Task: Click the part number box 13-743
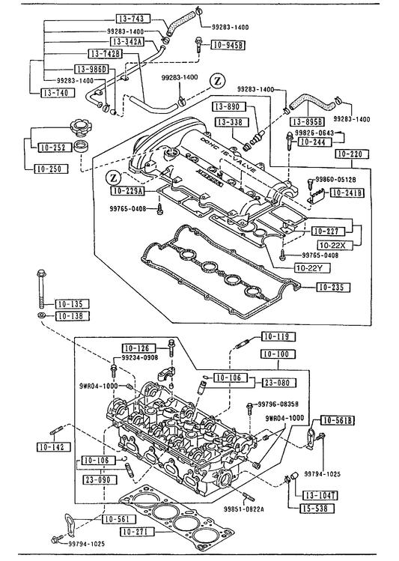[x=133, y=19]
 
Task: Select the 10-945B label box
[x=228, y=46]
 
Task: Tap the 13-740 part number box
[x=57, y=93]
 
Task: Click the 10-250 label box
[x=51, y=169]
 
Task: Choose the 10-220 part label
[x=352, y=154]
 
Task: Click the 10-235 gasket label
[x=332, y=287]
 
